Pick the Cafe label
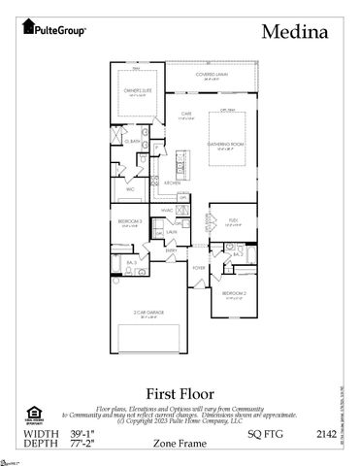point(186,114)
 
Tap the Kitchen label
point(172,182)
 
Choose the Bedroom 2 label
point(235,292)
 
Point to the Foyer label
point(198,267)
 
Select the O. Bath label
point(135,141)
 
